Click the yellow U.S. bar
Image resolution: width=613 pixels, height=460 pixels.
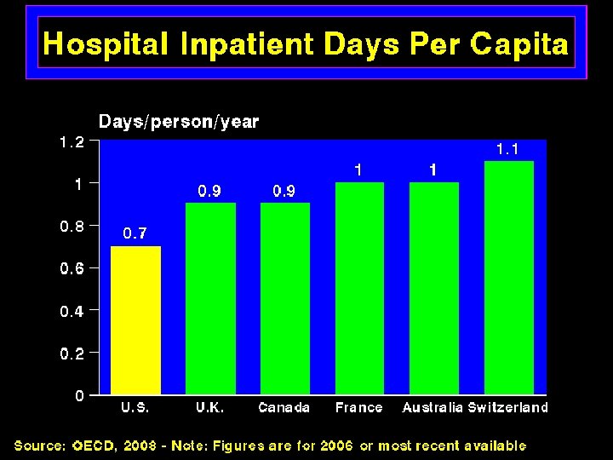[135, 320]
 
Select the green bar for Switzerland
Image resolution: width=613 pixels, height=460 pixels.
[509, 278]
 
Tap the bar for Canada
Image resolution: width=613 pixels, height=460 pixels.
[285, 298]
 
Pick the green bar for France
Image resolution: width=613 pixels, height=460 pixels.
[359, 288]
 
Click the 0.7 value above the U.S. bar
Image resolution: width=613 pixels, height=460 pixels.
[135, 233]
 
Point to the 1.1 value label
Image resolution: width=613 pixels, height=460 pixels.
[507, 149]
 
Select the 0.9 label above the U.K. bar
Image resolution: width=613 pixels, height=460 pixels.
[209, 191]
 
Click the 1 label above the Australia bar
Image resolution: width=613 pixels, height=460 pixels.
[433, 170]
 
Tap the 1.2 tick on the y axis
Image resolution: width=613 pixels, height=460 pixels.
[72, 141]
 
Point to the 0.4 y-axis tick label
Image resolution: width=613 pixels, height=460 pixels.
[72, 312]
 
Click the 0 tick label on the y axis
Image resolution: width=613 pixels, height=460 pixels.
[80, 396]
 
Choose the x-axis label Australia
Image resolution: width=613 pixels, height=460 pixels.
[433, 407]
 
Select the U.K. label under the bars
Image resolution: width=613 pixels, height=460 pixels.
[210, 407]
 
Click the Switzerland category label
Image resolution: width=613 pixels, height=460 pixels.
[507, 407]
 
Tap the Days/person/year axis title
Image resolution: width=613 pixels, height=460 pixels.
[179, 122]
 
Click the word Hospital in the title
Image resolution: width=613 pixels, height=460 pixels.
[106, 44]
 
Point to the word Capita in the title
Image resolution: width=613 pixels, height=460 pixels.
[519, 44]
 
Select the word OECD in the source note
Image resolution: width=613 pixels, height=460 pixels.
[94, 446]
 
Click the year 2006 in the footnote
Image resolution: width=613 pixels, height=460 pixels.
[336, 446]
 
